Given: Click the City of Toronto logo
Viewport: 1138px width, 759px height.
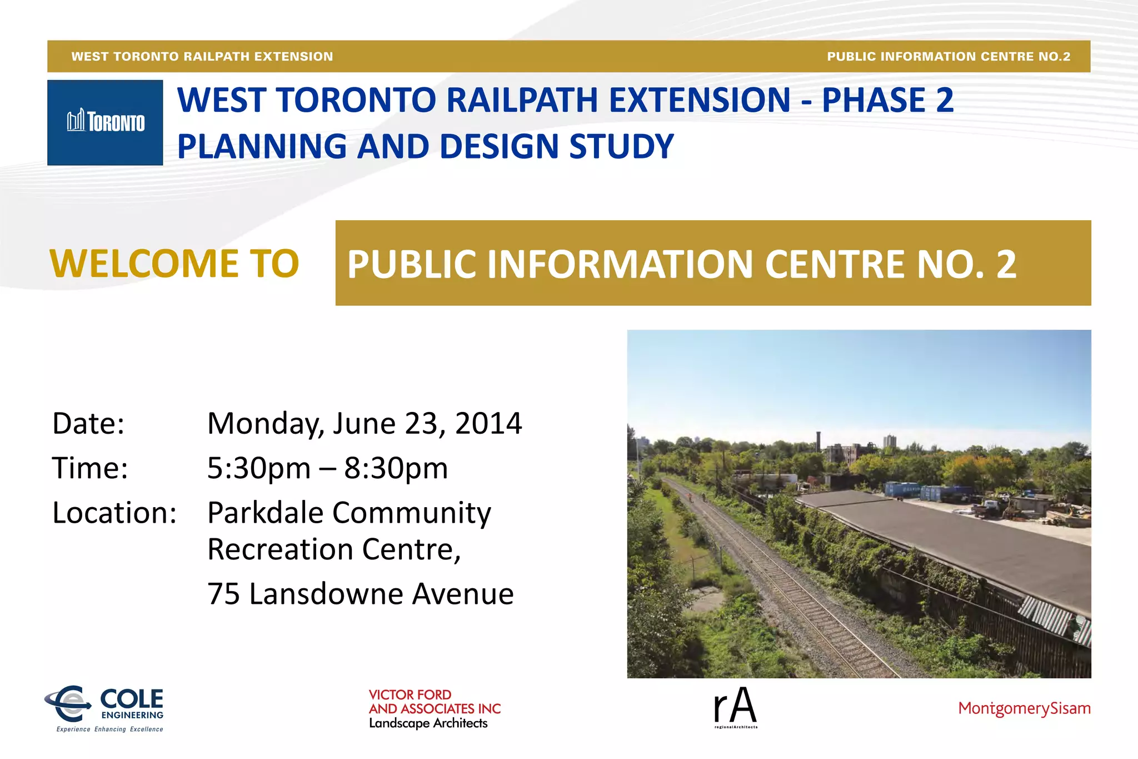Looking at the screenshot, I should pyautogui.click(x=105, y=122).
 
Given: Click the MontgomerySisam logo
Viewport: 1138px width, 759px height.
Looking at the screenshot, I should pyautogui.click(x=1024, y=708).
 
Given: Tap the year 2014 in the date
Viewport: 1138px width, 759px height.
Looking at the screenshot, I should pyautogui.click(x=488, y=424).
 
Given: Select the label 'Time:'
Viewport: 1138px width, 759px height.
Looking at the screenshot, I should pyautogui.click(x=90, y=468).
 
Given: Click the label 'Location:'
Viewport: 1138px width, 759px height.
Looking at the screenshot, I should pyautogui.click(x=114, y=513).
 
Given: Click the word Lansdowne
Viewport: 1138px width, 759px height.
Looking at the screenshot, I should pyautogui.click(x=326, y=594).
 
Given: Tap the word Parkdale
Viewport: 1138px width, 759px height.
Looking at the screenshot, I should pyautogui.click(x=266, y=513).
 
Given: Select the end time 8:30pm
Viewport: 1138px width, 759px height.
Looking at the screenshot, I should pyautogui.click(x=396, y=468).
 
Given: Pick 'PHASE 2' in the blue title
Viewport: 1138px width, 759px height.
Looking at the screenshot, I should pyautogui.click(x=887, y=100).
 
